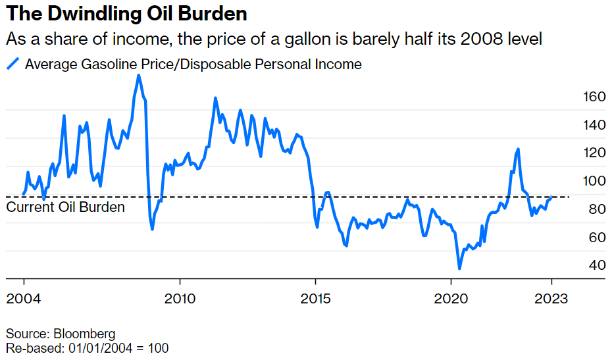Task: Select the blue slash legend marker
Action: point(13,64)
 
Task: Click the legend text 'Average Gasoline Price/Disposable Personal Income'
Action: point(193,64)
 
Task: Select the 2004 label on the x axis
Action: point(24,299)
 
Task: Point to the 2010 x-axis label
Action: point(180,299)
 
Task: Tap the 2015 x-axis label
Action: point(315,299)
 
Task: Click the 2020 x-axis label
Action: point(451,299)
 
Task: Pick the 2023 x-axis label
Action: point(551,299)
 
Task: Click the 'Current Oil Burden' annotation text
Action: point(65,207)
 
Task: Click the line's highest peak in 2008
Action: point(138,75)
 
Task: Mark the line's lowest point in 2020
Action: point(459,269)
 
